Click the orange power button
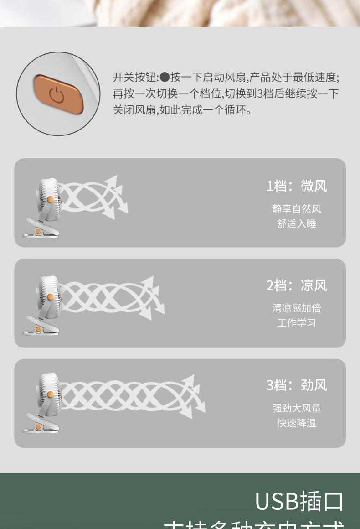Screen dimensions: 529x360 coord(58,94)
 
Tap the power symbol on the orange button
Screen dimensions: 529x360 coord(57,95)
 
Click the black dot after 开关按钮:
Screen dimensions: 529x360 coord(165,78)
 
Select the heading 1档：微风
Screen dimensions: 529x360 coord(297,186)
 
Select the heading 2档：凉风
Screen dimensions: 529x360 coord(297,286)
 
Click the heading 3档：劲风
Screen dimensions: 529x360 coord(297,385)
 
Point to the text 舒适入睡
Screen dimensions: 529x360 coord(297,224)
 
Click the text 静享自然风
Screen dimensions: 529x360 coord(297,209)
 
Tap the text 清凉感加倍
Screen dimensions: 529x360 coord(297,308)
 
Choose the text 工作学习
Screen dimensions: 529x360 coord(297,323)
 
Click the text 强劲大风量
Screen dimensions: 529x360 coord(297,408)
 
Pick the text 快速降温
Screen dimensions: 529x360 coord(297,423)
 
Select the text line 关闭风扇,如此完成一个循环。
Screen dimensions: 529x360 coord(182,110)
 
